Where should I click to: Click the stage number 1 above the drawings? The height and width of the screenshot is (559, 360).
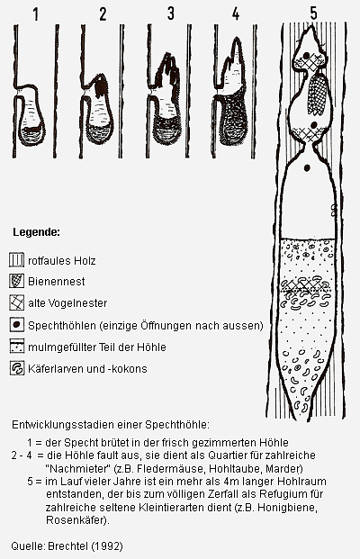click(36, 14)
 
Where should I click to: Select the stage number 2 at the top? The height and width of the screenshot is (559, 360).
click(103, 14)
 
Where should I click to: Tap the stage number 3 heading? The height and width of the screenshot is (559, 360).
click(170, 14)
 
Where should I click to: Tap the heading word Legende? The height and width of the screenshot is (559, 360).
click(36, 233)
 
